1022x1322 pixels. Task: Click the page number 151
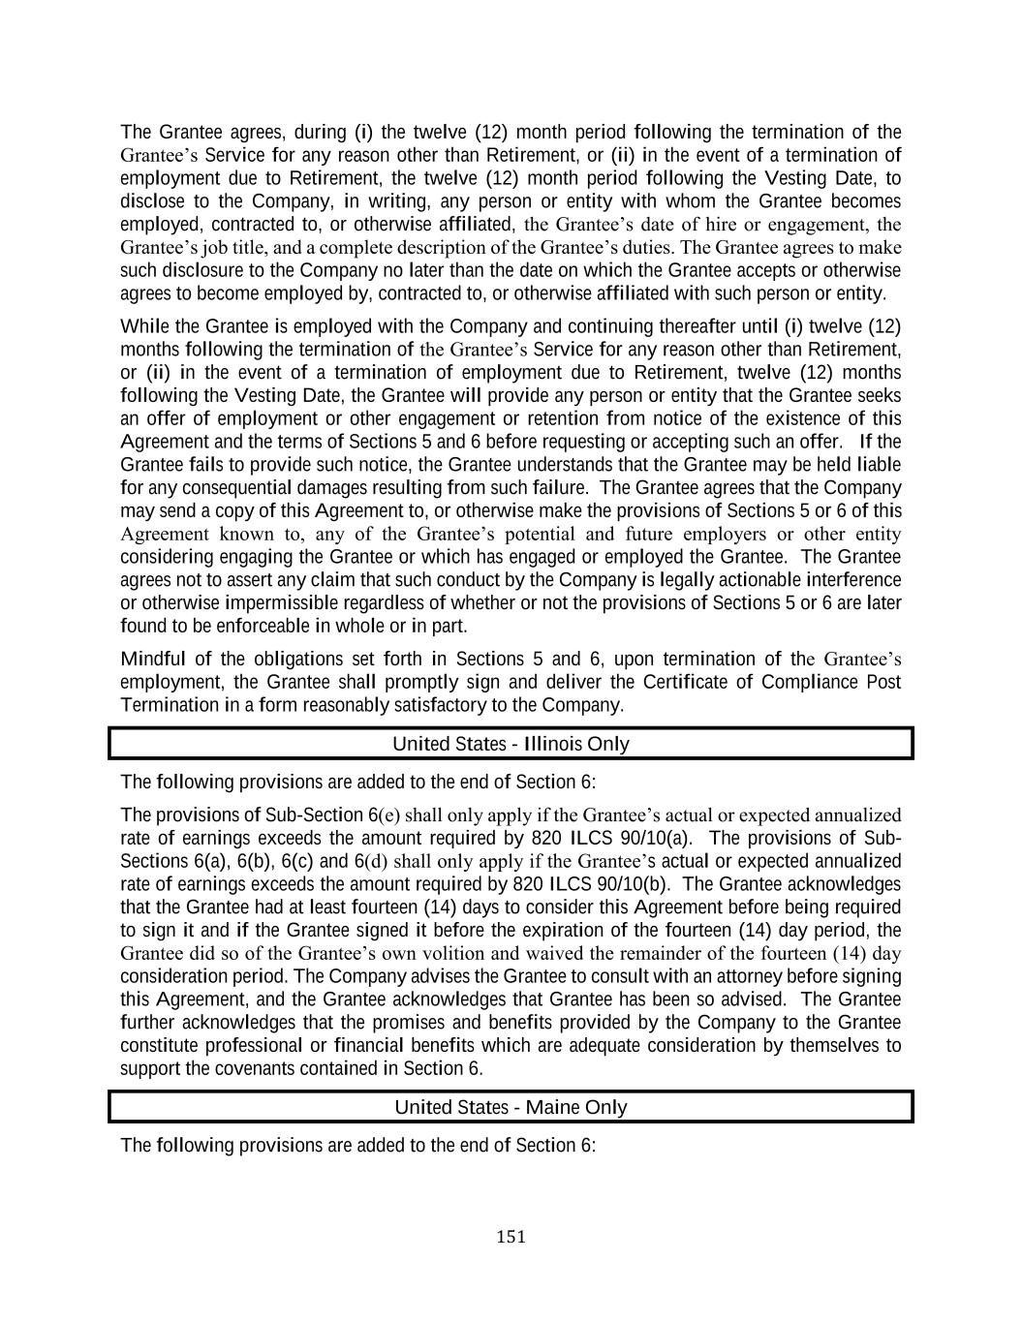point(511,1236)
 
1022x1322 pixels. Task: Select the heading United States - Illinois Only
point(511,744)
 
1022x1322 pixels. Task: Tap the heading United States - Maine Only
point(511,1107)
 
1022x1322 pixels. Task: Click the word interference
point(848,580)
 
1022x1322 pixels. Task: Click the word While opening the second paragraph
point(142,326)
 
